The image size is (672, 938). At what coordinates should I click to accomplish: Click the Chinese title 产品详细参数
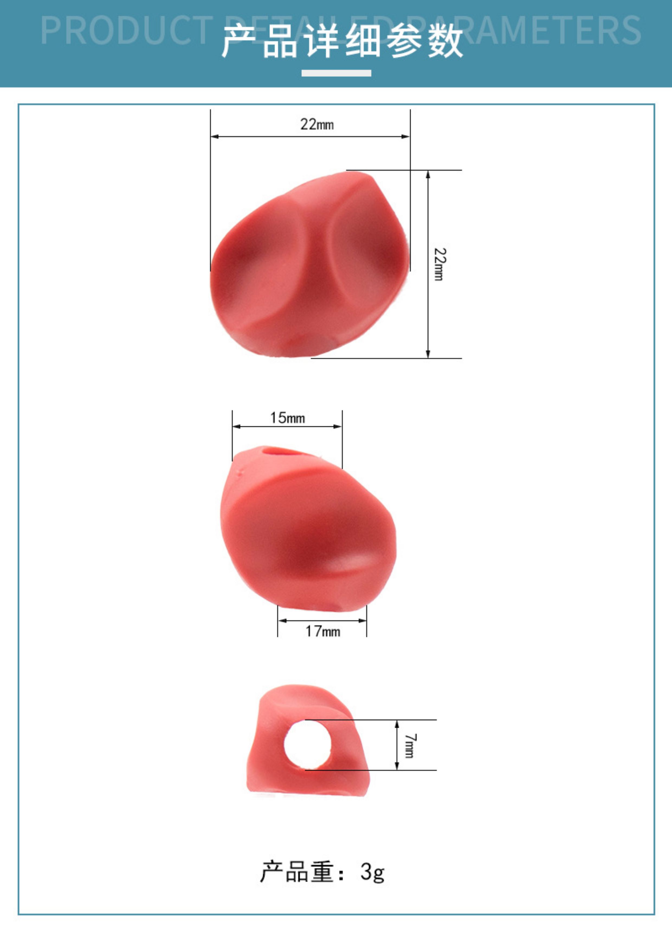342,41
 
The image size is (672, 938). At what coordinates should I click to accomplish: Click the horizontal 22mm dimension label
317,124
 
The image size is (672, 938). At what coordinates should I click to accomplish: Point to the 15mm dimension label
288,418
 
